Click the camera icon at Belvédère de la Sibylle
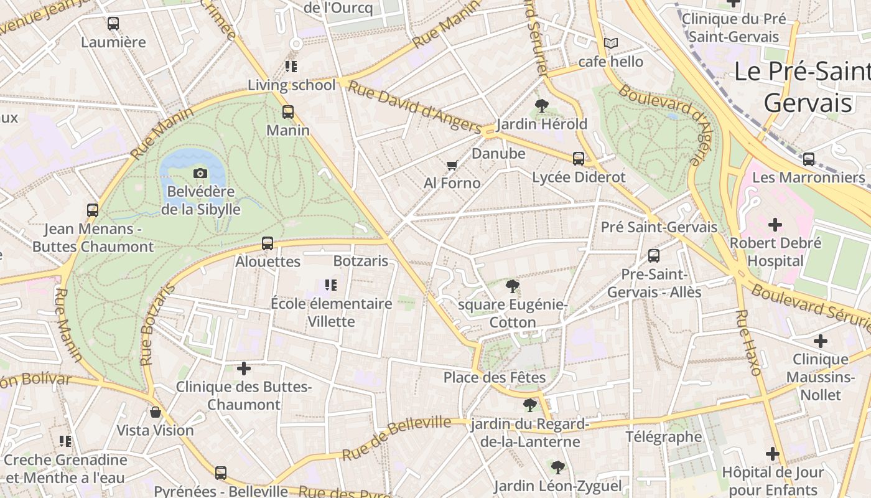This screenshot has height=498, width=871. tap(200, 173)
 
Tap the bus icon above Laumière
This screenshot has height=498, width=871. tap(113, 24)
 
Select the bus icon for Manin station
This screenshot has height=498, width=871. tap(287, 112)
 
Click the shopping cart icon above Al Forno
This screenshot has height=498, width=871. tap(452, 165)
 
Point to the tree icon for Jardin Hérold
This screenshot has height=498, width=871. tap(542, 106)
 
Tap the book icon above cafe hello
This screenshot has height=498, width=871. tap(611, 43)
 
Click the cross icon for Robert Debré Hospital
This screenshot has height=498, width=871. tap(775, 224)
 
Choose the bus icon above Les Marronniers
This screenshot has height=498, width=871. tap(809, 159)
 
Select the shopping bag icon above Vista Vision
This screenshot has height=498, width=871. tap(156, 412)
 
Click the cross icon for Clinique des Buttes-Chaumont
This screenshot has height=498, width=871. tap(244, 369)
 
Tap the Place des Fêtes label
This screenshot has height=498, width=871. tap(494, 377)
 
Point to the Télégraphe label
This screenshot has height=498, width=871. tap(663, 436)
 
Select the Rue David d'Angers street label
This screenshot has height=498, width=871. tap(414, 106)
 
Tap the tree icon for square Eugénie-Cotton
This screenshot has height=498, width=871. tap(512, 286)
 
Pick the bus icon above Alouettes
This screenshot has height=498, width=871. tap(268, 243)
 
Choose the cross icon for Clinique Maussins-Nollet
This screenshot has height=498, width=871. tap(821, 341)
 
